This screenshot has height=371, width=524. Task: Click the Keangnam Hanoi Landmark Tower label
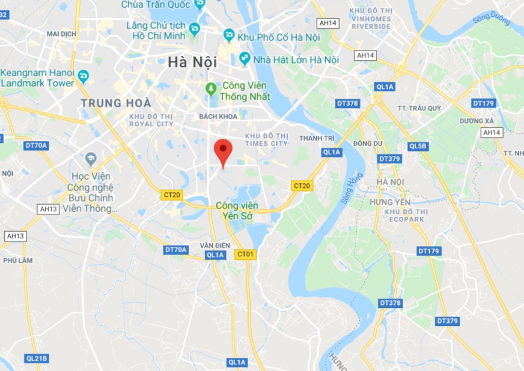click(x=37, y=77)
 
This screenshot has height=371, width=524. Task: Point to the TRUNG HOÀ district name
click(x=116, y=103)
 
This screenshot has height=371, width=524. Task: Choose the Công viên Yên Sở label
click(x=236, y=210)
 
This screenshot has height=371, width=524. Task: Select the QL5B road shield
click(x=418, y=146)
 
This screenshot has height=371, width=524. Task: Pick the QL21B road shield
click(x=36, y=358)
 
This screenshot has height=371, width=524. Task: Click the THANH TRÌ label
click(x=316, y=138)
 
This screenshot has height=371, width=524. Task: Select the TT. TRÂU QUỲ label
click(x=419, y=108)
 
